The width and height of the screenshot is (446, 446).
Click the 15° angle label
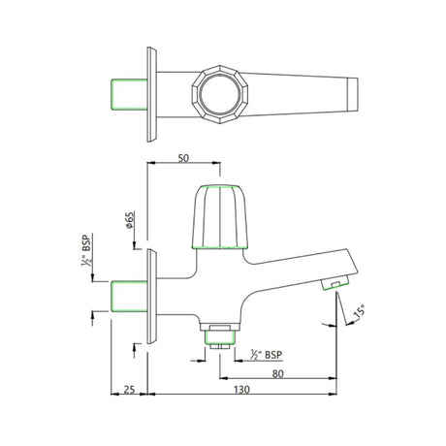[359, 312]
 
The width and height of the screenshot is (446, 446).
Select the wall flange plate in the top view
[151, 93]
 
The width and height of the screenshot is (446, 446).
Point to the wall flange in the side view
[151, 296]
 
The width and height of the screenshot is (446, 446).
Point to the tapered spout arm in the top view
[301, 93]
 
